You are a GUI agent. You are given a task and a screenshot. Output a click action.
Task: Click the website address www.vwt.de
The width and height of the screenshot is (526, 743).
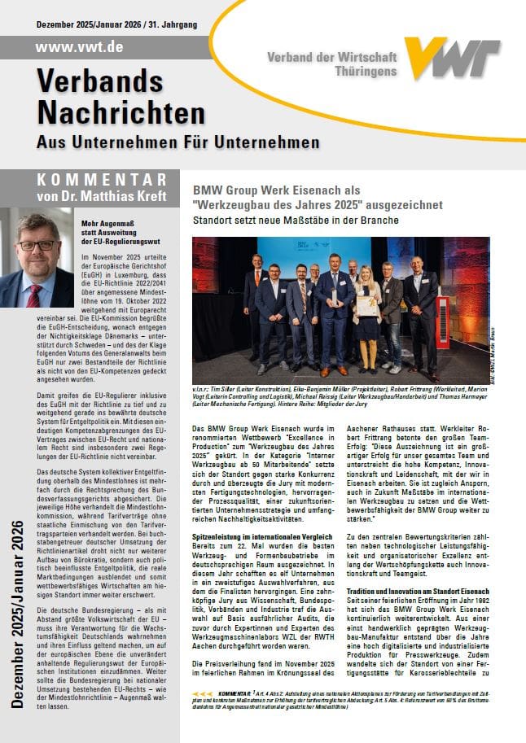pos(79,46)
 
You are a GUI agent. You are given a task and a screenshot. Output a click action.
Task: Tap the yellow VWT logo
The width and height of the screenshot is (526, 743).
pos(461,59)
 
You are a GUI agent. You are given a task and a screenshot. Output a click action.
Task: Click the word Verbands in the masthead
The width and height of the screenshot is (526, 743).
pos(101,81)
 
